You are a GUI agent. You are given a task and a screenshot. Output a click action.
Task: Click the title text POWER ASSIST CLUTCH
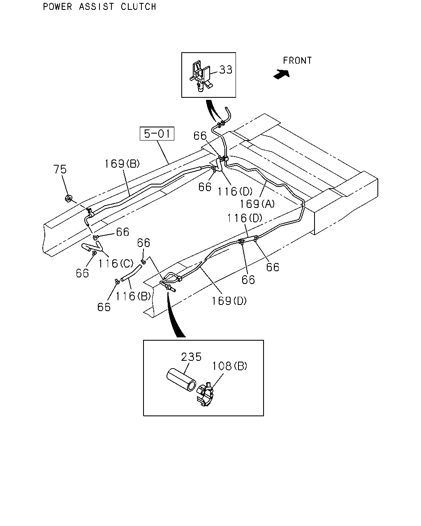[x=99, y=7]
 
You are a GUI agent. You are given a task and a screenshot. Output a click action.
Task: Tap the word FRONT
[x=297, y=61]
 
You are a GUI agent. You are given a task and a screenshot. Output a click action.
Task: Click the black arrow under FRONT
[x=282, y=74]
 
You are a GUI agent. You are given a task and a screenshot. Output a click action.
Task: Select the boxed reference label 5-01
[x=157, y=134]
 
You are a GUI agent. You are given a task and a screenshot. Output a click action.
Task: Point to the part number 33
[x=226, y=70]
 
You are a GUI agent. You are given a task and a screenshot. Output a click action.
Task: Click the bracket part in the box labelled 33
[x=201, y=76]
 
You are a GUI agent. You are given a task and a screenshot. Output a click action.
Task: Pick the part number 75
[x=60, y=169]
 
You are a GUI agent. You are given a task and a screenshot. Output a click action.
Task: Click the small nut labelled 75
[x=68, y=198]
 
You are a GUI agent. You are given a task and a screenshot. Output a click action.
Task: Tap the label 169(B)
[x=122, y=164]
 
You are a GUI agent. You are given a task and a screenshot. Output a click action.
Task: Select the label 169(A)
[x=257, y=204]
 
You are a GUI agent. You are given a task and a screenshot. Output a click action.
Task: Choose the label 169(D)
[x=229, y=301]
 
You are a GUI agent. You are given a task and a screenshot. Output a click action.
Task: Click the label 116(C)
[x=116, y=263]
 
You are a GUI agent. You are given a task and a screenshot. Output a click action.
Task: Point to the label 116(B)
[x=133, y=296]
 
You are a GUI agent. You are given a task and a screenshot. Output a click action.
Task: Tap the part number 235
[x=191, y=357]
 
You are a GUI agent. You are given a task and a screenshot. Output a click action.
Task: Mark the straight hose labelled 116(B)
[x=132, y=273]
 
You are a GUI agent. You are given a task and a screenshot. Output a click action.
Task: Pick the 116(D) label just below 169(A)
[x=245, y=218]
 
